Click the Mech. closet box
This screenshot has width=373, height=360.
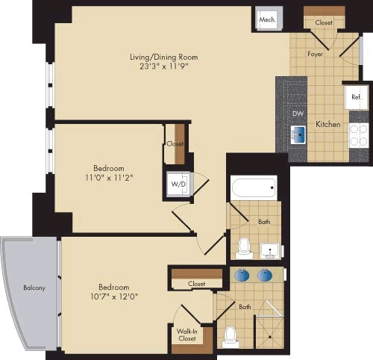tap(266, 19)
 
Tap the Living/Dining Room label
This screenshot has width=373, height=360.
tap(163, 57)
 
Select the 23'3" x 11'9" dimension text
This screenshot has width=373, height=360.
tap(163, 66)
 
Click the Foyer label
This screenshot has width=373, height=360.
tap(314, 55)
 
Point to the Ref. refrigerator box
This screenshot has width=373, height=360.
tap(356, 97)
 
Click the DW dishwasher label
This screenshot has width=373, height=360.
tap(298, 114)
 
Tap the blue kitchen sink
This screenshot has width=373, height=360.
tap(298, 134)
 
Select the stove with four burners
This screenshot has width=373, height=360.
tap(358, 135)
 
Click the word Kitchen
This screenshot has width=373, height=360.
tap(328, 124)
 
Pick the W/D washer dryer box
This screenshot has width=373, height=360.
tap(179, 184)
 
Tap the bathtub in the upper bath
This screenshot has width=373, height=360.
tap(254, 187)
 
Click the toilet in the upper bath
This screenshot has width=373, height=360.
tap(243, 246)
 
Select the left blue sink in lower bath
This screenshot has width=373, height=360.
tap(242, 275)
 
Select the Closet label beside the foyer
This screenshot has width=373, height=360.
tap(323, 23)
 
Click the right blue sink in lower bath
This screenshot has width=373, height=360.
tap(265, 275)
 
